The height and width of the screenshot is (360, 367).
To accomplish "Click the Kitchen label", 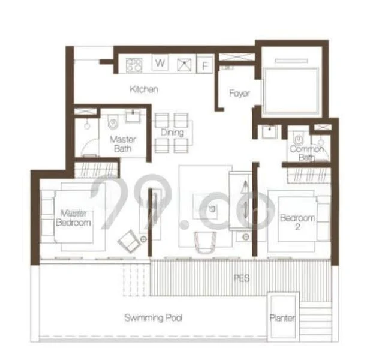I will point(145,89).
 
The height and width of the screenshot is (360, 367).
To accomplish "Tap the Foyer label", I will point(239,94).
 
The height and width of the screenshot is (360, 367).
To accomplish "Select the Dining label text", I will point(172,132).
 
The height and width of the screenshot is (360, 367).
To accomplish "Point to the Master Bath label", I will point(124,143).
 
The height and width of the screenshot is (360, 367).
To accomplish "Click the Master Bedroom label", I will point(73,217).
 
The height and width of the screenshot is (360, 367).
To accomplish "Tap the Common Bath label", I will point(306,154).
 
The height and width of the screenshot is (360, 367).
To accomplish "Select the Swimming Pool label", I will point(154,317).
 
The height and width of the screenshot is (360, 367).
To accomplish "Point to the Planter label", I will point(282,318).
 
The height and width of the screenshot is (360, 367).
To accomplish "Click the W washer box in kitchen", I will point(160,63).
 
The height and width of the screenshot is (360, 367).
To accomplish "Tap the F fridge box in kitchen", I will point(206,65).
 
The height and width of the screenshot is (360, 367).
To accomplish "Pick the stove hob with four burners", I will point(134,64).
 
